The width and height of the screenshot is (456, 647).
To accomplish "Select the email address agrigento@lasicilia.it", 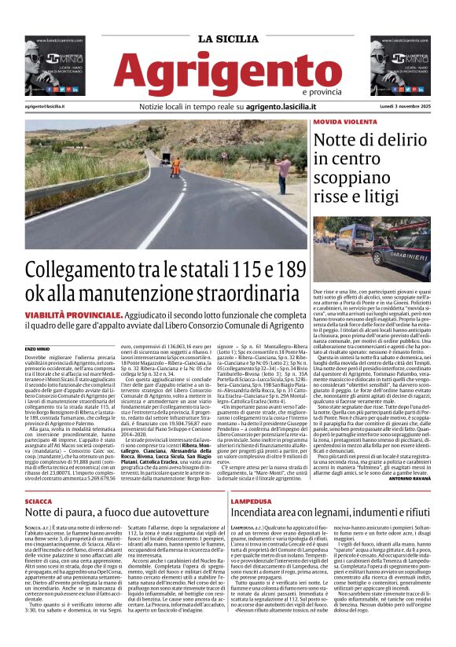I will tap(45, 105).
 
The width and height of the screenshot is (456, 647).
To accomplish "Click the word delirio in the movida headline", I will tap(393, 141).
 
